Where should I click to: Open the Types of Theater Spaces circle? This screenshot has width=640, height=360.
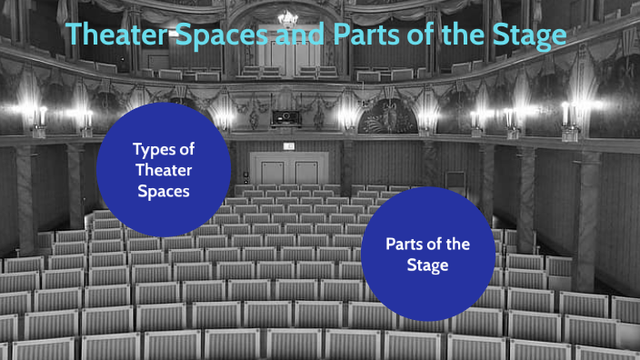tap(164, 169)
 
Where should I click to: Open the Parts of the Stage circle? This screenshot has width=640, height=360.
tap(427, 255)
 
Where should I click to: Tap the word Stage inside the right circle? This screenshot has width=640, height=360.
tap(427, 265)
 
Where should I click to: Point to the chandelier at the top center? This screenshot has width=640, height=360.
tap(288, 17)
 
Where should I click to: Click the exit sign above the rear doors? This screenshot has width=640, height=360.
tap(288, 145)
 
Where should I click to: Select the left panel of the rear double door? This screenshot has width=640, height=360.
tap(271, 171)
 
